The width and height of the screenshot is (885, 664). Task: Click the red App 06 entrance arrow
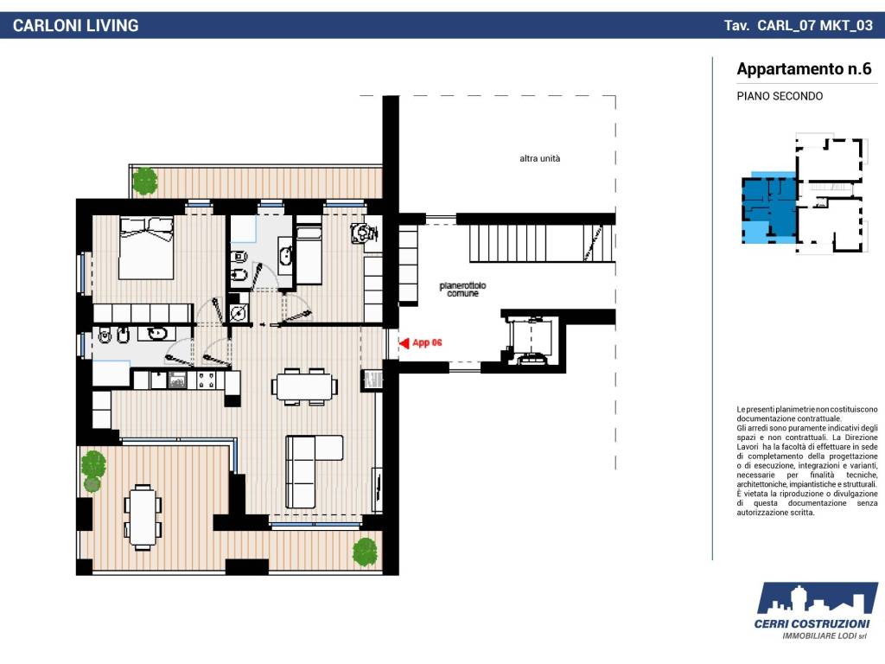point(404,342)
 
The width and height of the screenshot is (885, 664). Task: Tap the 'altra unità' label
point(539,159)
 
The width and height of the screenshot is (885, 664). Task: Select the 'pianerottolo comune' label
point(462,289)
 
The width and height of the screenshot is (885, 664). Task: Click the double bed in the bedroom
point(145,248)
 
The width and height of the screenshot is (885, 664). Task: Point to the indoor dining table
point(304,386)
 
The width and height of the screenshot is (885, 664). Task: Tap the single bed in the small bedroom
point(309,255)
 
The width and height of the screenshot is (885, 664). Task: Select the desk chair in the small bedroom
point(362,233)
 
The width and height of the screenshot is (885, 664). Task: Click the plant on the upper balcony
point(144,181)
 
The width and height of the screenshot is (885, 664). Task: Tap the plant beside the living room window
point(365,552)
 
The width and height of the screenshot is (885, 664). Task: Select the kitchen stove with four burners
point(207,380)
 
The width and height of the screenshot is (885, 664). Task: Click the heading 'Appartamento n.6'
point(804,69)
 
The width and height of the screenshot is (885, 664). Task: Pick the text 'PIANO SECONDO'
point(780,96)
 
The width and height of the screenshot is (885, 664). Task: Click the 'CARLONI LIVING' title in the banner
point(76,25)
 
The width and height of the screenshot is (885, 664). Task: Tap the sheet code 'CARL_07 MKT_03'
point(815,25)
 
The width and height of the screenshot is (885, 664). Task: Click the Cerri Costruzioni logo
point(816,611)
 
